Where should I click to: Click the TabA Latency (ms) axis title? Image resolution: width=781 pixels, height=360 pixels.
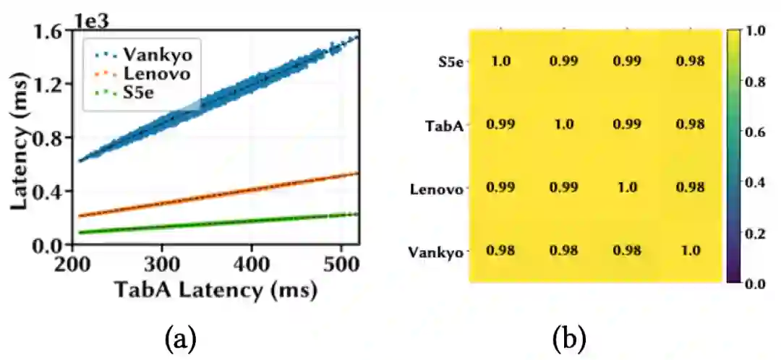pos(215,290)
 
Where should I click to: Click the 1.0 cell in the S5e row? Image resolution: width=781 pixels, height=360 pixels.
pos(500,61)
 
